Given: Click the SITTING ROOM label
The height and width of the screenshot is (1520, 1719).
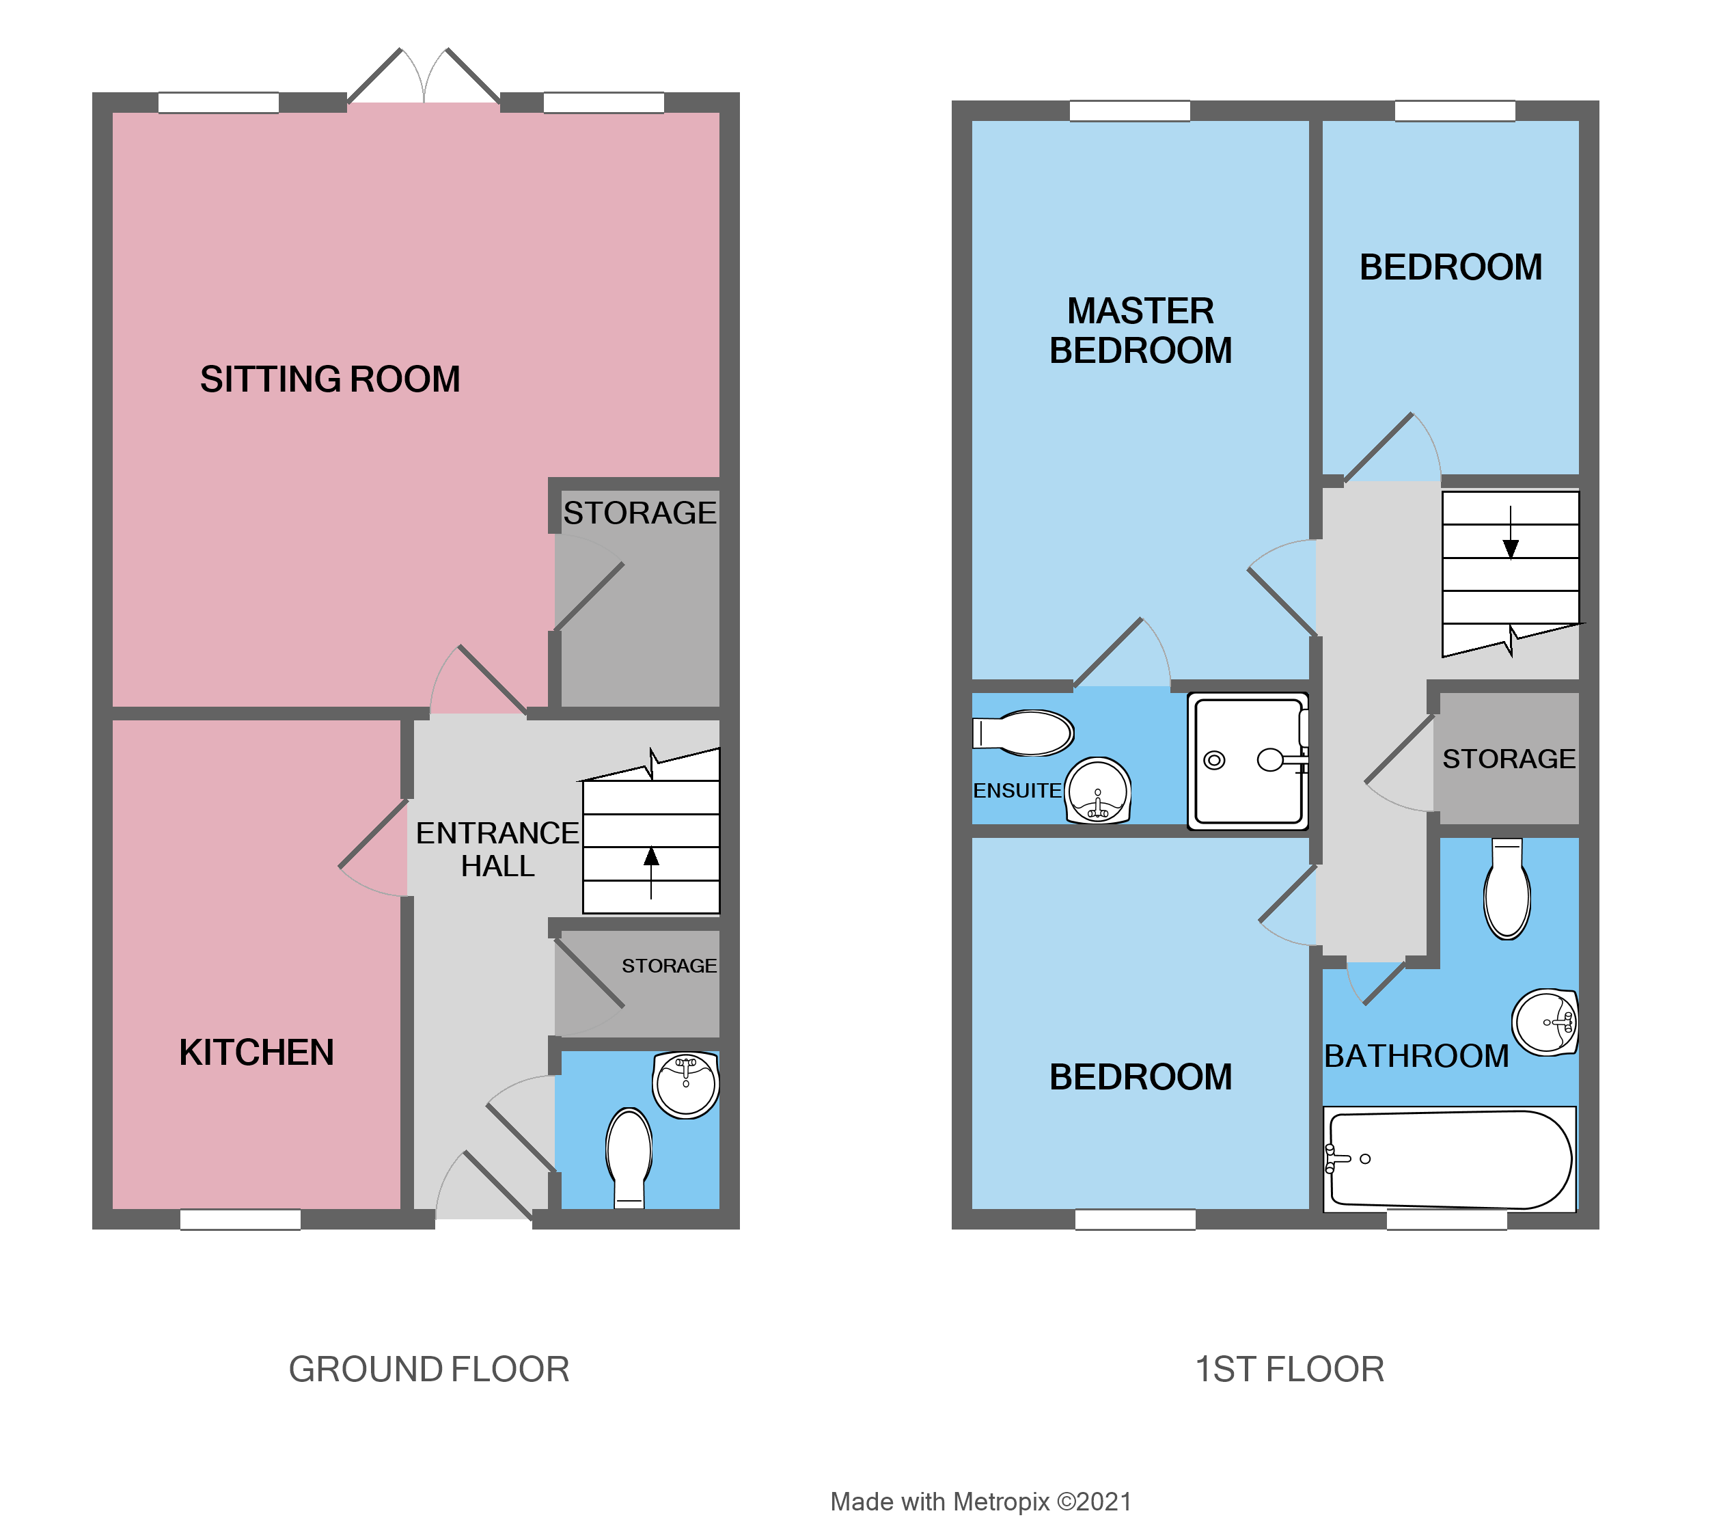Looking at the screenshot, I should point(330,379).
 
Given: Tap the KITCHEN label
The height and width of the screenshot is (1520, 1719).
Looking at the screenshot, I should point(256,1053).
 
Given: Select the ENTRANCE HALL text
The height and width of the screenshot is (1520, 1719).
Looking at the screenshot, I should point(497,850).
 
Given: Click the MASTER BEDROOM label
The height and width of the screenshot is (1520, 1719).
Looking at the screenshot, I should point(1140,331).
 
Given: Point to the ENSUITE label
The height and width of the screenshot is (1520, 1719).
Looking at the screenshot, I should point(1017,791).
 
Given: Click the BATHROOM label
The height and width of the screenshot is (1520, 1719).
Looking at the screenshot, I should point(1416,1057).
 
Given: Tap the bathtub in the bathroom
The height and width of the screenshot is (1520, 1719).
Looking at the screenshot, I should point(1449,1160).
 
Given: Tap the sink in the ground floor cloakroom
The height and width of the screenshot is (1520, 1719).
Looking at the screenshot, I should point(686,1084).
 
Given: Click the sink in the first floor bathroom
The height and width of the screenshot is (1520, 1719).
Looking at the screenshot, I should point(1545,1022).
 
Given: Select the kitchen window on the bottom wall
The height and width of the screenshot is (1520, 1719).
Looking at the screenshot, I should point(240,1220).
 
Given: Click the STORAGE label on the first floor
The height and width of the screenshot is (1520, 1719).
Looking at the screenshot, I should point(1509,759).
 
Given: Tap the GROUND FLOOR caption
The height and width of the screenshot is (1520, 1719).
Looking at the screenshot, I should point(429,1370).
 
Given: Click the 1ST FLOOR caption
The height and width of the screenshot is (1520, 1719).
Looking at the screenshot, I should point(1289,1370).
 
